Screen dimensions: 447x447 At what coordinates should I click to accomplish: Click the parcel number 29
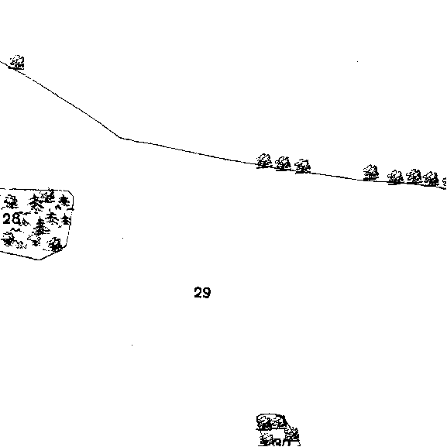point(202,293)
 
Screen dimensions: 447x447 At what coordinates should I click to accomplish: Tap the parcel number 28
point(12,218)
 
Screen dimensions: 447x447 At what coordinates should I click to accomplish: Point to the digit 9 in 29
point(207,293)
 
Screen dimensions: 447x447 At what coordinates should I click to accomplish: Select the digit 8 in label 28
point(16,218)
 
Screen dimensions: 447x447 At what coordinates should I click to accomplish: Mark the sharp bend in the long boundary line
point(119,137)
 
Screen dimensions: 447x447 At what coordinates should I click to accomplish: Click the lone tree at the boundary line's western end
point(17,62)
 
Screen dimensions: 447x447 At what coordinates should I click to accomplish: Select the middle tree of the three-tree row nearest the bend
point(283,163)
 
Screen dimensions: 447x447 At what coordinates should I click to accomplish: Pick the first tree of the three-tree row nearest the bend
point(264,161)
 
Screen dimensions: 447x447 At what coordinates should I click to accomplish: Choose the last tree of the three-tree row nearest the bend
point(302,167)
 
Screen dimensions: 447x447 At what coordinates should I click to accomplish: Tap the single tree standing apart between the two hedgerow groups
point(371,173)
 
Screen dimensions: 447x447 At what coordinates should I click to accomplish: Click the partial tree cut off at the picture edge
point(445,183)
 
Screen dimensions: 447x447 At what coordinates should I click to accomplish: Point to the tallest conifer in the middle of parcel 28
point(41,227)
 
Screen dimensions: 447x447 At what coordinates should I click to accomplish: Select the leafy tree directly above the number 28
point(11,201)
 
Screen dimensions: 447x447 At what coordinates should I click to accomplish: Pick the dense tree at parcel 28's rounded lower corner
point(55,245)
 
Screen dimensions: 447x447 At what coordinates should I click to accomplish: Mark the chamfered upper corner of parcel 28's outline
point(71,193)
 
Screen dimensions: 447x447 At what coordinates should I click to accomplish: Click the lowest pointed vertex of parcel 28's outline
point(38,260)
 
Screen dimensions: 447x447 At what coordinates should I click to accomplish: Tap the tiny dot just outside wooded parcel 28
point(123,238)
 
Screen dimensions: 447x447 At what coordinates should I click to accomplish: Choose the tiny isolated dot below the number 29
point(132,345)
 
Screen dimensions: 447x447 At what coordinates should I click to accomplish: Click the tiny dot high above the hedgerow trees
point(357,61)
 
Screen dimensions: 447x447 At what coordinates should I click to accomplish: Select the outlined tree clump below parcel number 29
point(278,430)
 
